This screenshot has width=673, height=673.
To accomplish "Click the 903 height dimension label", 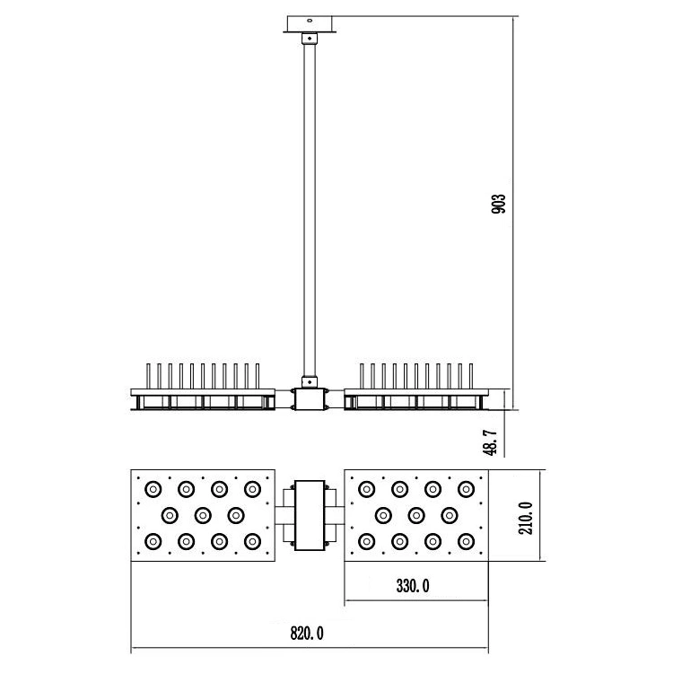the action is [x=498, y=204].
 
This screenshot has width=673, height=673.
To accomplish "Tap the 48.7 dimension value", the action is [x=490, y=443].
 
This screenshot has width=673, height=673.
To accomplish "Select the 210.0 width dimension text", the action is [x=525, y=518].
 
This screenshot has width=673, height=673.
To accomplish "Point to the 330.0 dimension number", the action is [x=413, y=586].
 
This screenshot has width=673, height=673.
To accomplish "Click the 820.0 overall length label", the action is [x=307, y=634].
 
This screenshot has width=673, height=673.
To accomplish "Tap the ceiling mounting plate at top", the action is [x=309, y=24].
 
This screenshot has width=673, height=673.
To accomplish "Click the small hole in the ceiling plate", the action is [x=310, y=20].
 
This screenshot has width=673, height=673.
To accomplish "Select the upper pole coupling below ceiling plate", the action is [x=309, y=39].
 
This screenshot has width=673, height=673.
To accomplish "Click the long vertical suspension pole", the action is [x=310, y=210].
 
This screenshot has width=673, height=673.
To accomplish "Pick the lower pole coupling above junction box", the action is [x=309, y=381].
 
